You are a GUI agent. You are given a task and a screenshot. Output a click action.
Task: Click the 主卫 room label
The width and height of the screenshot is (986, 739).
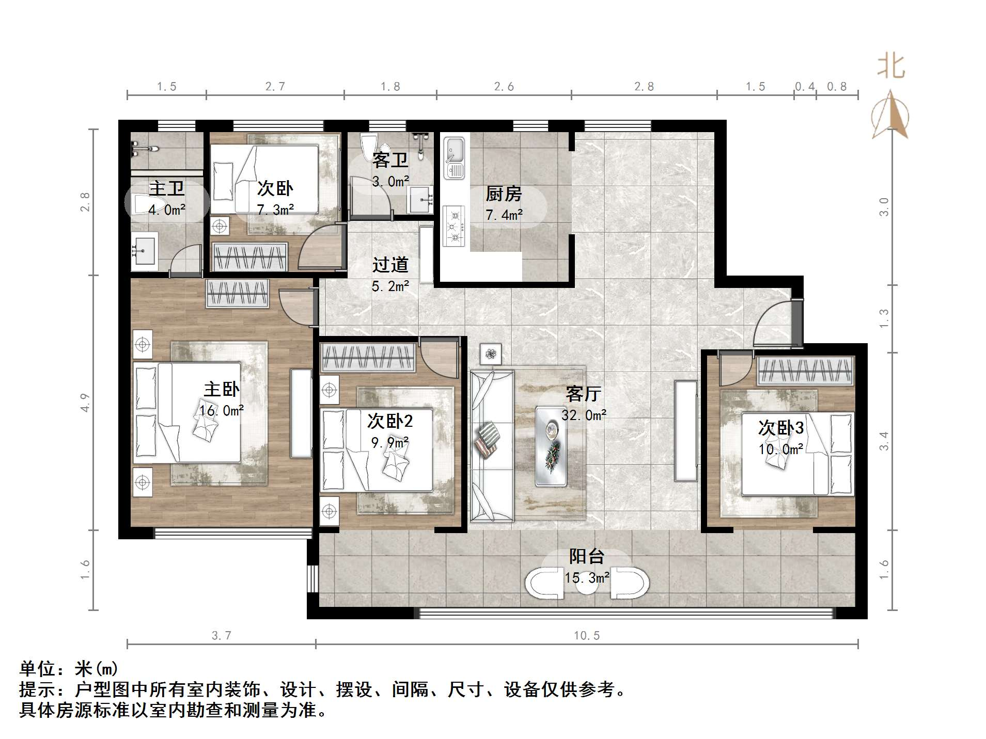pos(166,188)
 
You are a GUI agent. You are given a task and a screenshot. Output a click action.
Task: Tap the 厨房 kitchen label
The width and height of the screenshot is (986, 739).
pos(504,194)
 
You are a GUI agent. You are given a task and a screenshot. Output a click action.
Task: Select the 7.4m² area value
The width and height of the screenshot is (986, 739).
pos(504,215)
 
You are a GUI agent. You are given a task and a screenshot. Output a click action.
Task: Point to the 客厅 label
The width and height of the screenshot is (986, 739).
pos(584,394)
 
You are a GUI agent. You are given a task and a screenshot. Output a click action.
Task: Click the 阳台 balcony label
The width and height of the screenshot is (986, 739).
pos(587,556)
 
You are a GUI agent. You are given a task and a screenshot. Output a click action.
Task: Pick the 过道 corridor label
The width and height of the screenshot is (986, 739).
pos(390,265)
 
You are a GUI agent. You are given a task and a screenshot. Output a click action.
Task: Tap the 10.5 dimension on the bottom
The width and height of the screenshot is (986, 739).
pos(587,636)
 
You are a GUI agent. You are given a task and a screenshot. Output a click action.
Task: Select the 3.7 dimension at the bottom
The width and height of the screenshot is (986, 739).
pos(222,636)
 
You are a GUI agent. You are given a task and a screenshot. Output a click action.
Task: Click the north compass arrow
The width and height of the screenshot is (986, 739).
pos(890,115)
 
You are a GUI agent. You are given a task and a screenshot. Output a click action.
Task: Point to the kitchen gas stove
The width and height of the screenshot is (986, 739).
pos(455,226)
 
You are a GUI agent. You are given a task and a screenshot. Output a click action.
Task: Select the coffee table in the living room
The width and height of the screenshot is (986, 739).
pos(551,446)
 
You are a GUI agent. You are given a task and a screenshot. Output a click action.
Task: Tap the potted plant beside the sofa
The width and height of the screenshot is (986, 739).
pos(491,354)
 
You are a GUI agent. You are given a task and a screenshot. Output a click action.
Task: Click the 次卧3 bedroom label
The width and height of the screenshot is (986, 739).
pos(780,428)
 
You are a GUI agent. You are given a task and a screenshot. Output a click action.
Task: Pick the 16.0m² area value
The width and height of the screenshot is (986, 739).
pos(222,411)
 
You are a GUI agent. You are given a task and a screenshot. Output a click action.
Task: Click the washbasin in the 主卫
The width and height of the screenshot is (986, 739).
pos(144,251)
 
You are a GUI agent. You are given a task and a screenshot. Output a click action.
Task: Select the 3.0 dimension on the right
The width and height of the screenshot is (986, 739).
pos(884,207)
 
